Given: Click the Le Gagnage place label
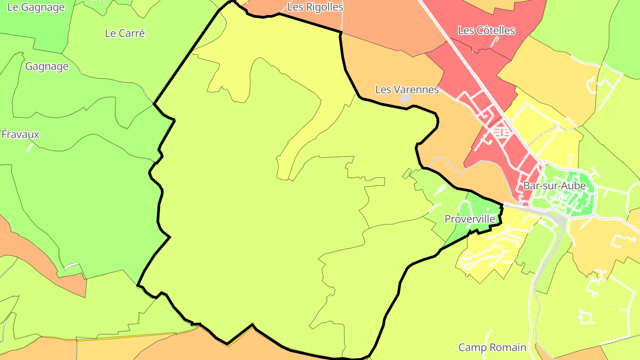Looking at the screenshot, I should [x=36, y=7].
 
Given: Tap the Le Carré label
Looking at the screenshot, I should [x=125, y=33].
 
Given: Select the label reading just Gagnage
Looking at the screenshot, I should [x=47, y=66].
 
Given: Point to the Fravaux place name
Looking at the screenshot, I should [x=20, y=134].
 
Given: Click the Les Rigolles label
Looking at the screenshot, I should [x=315, y=7].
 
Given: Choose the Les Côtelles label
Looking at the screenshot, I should [x=486, y=30].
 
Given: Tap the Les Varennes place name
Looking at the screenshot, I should [x=407, y=89].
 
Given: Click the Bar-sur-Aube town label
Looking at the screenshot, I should [x=554, y=186].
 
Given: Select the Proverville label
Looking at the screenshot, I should [x=470, y=219].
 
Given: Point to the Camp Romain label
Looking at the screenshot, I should [x=492, y=347].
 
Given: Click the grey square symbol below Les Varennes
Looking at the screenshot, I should [x=405, y=99].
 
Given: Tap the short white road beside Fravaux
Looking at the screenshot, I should [x=31, y=147].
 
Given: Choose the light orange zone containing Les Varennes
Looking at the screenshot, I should [x=400, y=67].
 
